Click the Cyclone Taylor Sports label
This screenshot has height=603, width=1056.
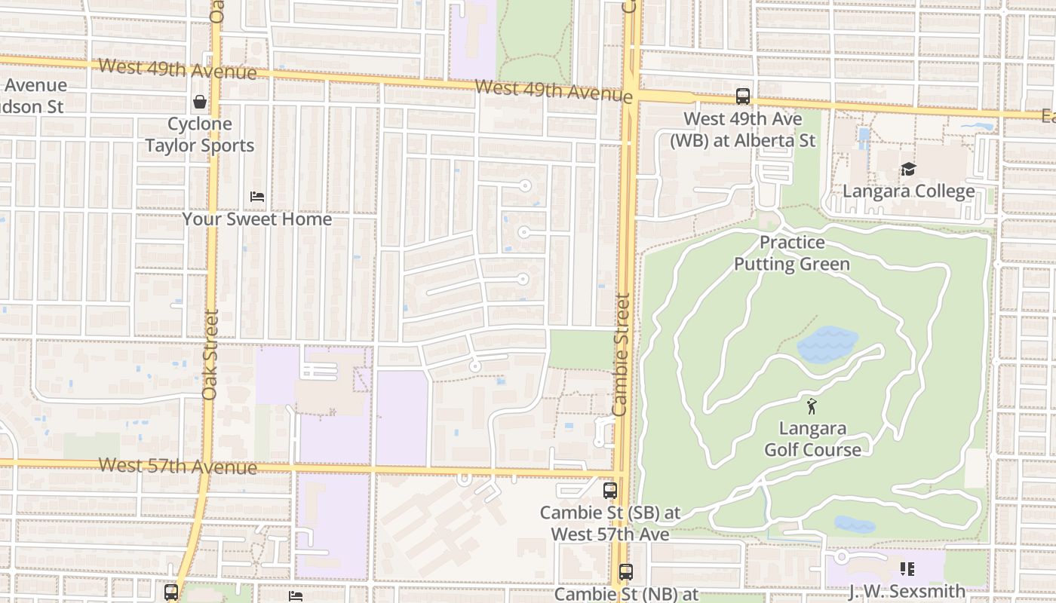click(200, 135)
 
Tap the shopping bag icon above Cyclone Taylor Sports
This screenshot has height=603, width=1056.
click(200, 102)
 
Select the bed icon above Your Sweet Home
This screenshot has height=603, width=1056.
click(257, 197)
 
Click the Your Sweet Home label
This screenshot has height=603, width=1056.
click(257, 219)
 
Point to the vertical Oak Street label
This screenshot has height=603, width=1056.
click(210, 354)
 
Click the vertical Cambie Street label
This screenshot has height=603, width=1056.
click(621, 354)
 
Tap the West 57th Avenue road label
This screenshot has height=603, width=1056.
click(177, 466)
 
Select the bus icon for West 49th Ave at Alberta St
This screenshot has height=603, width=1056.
click(743, 96)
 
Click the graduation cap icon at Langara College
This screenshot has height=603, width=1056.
click(908, 170)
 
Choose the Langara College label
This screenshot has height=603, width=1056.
click(908, 191)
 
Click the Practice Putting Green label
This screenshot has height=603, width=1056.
click(792, 253)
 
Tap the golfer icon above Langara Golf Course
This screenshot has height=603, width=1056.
click(812, 406)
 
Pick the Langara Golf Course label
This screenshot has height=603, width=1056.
click(812, 439)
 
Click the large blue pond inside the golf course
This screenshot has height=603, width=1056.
click(827, 344)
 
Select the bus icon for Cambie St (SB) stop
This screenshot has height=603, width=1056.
click(610, 491)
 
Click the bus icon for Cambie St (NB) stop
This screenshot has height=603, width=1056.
click(625, 572)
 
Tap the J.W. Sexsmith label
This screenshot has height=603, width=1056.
click(907, 591)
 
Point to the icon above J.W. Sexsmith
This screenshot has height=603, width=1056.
click(907, 568)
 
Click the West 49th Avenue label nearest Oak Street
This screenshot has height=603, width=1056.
click(177, 69)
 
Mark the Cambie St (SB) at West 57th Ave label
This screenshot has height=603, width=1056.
click(610, 523)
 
